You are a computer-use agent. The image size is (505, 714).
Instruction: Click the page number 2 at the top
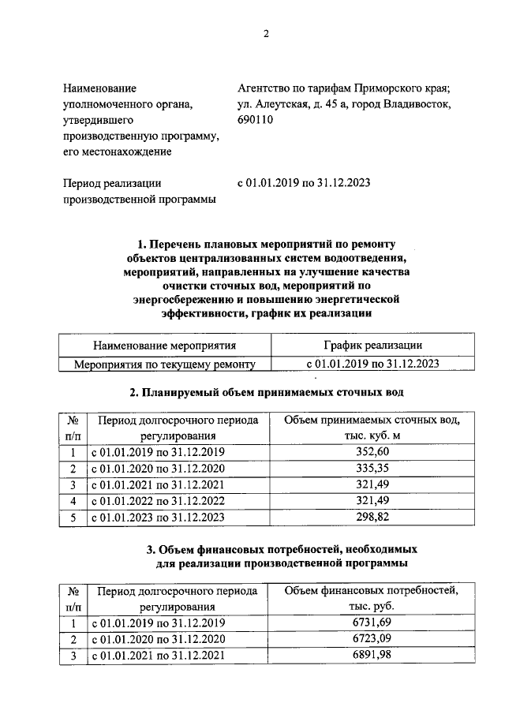[x=266, y=33]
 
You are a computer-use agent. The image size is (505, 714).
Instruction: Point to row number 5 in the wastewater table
[x=73, y=518]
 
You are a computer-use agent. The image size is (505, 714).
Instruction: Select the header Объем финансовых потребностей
[x=371, y=590]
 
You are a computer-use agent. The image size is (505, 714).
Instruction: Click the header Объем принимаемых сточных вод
[x=371, y=420]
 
